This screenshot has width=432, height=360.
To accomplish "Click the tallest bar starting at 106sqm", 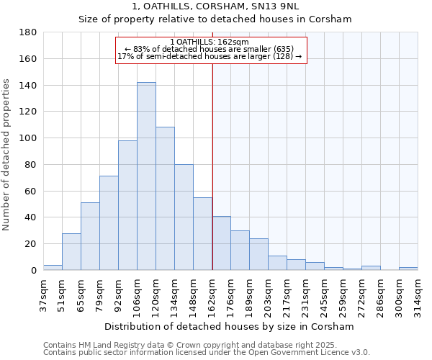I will (146, 176).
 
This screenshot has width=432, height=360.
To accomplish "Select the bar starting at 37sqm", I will (53, 267).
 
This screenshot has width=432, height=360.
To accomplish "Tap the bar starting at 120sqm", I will (165, 199).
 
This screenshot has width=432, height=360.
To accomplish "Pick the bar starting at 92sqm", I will (127, 205).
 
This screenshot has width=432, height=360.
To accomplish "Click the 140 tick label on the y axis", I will (28, 86).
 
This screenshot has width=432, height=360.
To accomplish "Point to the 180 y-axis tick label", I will (28, 32).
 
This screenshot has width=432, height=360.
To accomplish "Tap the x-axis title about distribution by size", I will (230, 327).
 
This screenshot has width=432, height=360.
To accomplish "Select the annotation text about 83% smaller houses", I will (210, 49).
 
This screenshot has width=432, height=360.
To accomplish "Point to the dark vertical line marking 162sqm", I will (212, 166).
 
